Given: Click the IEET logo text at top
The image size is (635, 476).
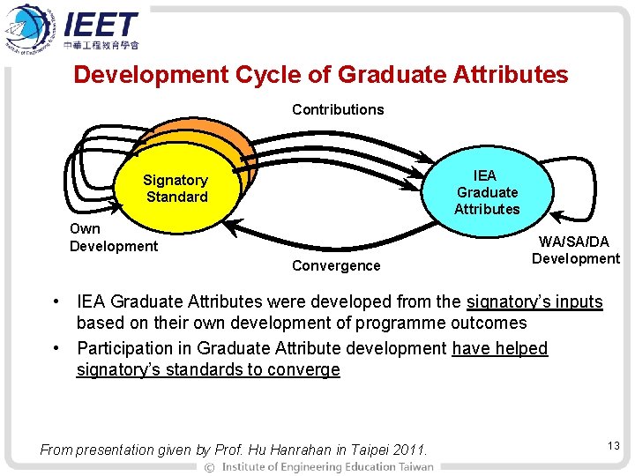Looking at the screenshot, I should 101,25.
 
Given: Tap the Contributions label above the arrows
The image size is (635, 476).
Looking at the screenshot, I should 338,109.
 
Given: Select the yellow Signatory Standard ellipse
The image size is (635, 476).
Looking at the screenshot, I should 176,189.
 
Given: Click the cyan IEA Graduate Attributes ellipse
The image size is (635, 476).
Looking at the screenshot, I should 487,192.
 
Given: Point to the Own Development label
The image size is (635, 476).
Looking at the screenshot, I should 113,237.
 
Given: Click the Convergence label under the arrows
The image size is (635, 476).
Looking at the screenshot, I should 336,265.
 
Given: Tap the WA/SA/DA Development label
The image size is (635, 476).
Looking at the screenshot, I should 576,249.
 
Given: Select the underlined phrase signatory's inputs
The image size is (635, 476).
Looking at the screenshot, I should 534,302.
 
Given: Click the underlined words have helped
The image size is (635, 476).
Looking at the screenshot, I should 499,348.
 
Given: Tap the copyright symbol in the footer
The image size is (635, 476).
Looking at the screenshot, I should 209,466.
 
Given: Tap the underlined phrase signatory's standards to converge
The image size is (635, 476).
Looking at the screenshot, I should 208,369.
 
